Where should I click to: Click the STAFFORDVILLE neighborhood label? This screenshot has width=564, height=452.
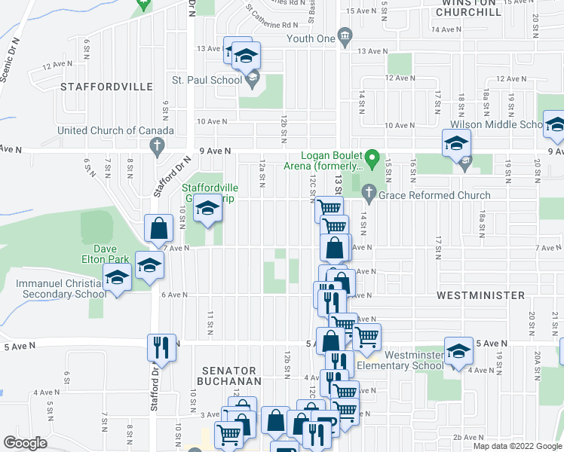click(x=106, y=87)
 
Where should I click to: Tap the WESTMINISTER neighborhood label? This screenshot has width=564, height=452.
click(x=480, y=295)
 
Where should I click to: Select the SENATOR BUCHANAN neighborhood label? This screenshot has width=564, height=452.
click(x=228, y=376)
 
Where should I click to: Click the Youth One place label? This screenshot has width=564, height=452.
click(x=310, y=38)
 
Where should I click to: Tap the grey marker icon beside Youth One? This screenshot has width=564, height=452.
click(x=345, y=37)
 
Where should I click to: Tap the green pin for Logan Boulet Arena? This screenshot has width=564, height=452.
click(x=371, y=159)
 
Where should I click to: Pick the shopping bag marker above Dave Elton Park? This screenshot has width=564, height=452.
click(x=159, y=228)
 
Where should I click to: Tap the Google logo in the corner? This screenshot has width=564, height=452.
click(x=25, y=443)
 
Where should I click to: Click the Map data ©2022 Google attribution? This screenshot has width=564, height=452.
click(x=517, y=446)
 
